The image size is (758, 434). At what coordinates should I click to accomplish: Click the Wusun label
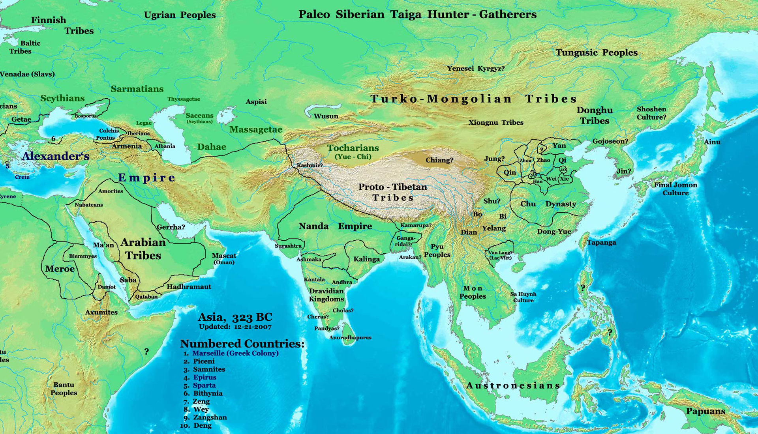pos(326,116)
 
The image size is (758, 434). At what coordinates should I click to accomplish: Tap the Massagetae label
pos(256,129)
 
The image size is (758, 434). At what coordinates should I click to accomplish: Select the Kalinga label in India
pos(366,259)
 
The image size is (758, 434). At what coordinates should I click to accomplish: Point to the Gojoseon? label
pos(610,141)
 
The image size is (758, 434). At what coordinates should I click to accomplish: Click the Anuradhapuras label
pos(350,338)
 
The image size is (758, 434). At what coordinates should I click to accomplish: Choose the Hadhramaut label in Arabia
pos(189,287)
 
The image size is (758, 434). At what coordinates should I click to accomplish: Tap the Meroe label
pos(60,269)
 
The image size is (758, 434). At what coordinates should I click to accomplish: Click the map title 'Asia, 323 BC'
pos(235,317)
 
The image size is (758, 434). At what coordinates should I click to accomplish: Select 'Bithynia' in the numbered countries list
pos(208,393)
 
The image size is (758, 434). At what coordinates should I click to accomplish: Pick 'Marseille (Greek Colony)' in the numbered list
pos(235,353)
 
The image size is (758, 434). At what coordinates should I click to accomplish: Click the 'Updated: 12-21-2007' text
pos(235,327)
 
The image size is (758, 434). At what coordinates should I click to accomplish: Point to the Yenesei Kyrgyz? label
pos(476,68)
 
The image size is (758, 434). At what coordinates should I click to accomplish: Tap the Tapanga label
pos(601,242)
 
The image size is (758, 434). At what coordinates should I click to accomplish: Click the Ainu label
pos(712,142)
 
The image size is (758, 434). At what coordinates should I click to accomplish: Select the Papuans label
pos(705,411)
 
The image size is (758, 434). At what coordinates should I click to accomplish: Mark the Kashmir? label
pos(310,165)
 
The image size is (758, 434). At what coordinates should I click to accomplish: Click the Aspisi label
pos(256,101)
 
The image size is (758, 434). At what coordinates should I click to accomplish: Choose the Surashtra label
pos(288,246)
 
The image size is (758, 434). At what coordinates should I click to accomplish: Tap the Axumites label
pos(101,312)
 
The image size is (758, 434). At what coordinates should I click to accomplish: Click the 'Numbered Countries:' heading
pos(242,344)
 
